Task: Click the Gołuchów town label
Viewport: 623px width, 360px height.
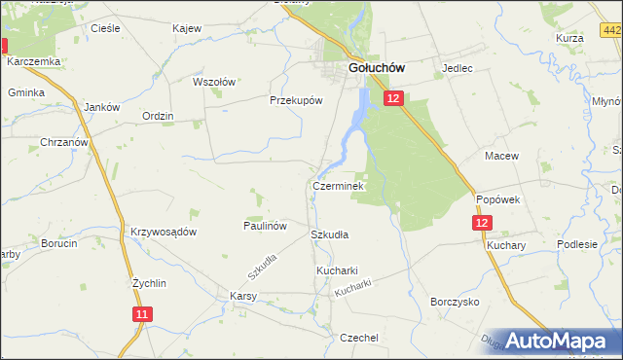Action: (377, 68)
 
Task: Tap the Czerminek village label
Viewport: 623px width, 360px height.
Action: (338, 185)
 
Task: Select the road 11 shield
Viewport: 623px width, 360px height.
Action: (143, 313)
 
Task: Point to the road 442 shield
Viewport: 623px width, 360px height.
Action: (612, 31)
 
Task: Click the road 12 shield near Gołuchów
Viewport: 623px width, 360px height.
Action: (392, 98)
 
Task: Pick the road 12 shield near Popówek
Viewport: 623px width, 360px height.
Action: (484, 223)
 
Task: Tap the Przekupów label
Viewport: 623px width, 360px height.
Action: (295, 99)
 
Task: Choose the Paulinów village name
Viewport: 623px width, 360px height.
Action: (264, 225)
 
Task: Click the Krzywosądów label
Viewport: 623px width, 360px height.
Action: (164, 232)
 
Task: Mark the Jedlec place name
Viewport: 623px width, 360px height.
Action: (457, 69)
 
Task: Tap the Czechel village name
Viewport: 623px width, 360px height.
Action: (358, 337)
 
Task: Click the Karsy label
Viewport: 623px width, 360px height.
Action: (242, 295)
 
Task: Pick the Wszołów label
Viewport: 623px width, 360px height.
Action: (214, 82)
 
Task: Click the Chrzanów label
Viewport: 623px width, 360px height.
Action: (65, 142)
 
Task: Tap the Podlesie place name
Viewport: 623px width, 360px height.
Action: (576, 244)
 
